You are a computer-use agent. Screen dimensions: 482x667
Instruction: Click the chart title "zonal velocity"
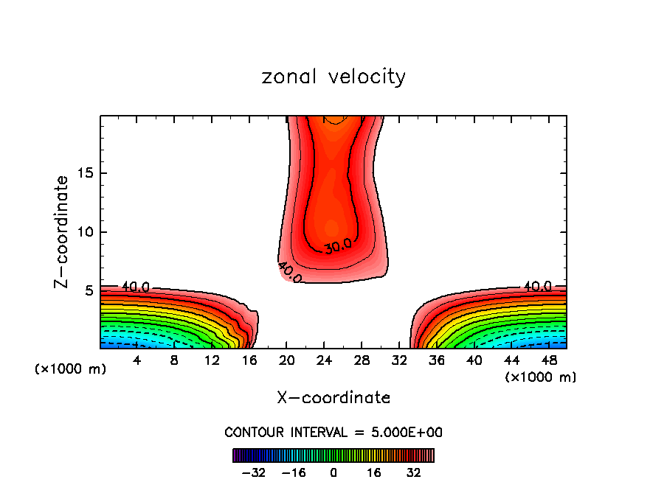point(333,77)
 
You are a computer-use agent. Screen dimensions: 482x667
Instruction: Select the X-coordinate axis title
point(333,397)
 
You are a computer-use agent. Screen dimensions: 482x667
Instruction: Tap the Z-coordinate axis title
point(63,231)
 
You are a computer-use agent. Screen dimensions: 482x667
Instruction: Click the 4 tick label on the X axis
point(137,360)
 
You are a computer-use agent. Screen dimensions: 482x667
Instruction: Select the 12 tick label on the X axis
point(212,360)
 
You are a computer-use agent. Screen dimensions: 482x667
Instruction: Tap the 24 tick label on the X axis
point(324,360)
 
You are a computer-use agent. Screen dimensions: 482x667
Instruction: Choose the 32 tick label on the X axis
point(398,360)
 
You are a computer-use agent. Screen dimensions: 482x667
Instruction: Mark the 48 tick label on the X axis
point(548,360)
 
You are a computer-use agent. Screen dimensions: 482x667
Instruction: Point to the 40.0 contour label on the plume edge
point(290,271)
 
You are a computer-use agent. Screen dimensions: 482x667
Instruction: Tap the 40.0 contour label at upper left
point(136,287)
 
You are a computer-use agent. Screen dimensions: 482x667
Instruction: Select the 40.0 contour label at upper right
point(538,286)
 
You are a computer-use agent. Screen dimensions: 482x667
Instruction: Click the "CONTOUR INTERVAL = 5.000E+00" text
point(333,432)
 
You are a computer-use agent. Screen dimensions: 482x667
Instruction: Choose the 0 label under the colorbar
point(333,472)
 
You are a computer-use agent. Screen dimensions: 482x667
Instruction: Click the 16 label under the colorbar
point(375,472)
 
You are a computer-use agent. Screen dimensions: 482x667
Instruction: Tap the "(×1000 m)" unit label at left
point(71,369)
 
